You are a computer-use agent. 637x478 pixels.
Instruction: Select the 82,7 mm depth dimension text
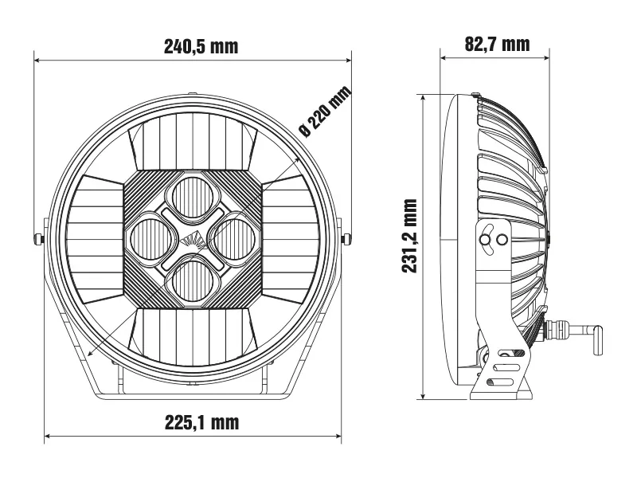pyautogui.click(x=497, y=43)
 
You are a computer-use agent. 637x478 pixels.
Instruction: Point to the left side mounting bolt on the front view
pyautogui.click(x=38, y=238)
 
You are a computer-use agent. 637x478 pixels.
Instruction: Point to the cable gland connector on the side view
pyautogui.click(x=554, y=327)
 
